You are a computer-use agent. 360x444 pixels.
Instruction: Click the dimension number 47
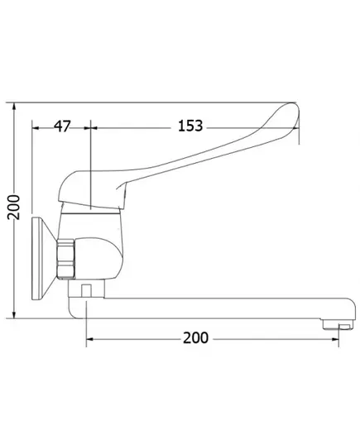(x=62, y=126)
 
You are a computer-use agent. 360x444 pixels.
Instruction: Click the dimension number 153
(x=190, y=126)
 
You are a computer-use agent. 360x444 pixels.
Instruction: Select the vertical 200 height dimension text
(x=13, y=208)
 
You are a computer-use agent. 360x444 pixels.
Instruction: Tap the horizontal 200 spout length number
(x=195, y=338)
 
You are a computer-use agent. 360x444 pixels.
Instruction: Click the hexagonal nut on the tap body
(x=65, y=259)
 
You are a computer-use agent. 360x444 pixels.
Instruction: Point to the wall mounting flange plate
(x=42, y=258)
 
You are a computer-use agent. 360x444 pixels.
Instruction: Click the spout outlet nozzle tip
(x=338, y=324)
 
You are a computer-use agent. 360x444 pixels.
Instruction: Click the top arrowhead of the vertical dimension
(x=14, y=107)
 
